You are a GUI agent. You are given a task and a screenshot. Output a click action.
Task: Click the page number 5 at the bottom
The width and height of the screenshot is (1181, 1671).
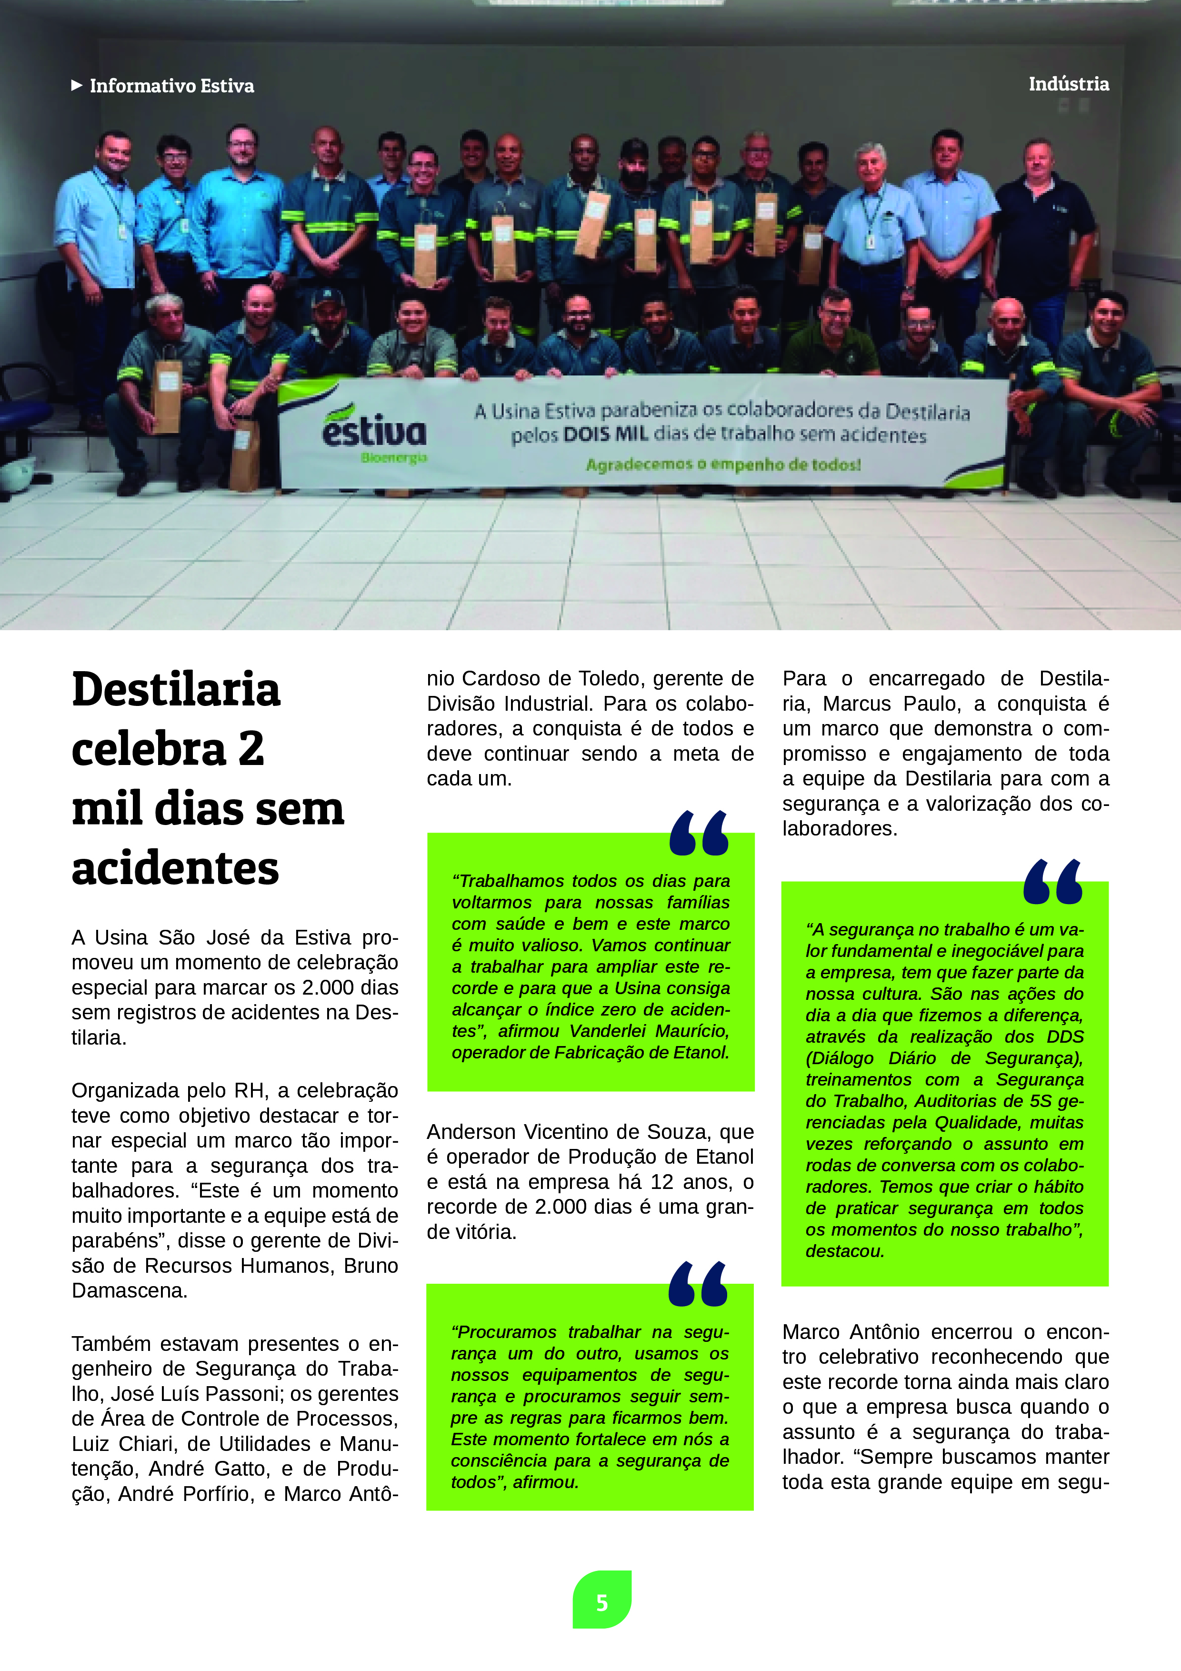pos(602,1602)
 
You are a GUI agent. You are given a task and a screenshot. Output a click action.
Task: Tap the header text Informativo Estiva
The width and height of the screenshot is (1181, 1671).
pos(172,86)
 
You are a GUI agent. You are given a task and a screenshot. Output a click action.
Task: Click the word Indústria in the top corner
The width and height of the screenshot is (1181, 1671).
pos(1068,84)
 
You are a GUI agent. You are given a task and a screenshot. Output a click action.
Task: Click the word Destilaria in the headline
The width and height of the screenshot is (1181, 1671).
pos(176,690)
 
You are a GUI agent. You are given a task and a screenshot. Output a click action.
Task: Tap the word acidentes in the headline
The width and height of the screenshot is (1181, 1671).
pos(175,868)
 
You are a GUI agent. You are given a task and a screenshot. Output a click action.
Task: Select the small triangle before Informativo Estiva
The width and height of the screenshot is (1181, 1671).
pos(76,86)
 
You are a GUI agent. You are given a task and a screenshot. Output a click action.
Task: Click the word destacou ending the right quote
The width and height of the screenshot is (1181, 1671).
pos(844,1251)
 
